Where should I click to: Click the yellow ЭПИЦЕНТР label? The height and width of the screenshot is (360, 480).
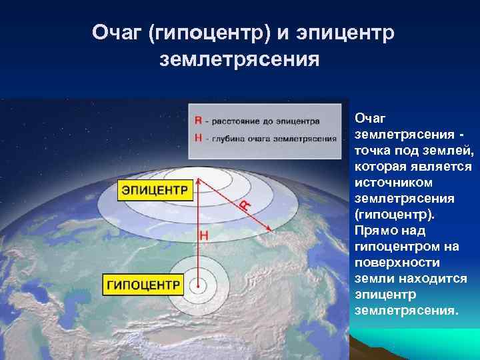154,190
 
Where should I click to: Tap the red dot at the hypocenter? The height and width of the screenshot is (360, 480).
198,285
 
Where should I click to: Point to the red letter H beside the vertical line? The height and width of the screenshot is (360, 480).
204,235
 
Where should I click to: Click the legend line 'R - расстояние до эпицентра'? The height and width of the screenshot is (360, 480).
257,121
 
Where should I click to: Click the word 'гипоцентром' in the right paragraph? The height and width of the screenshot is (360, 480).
397,246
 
